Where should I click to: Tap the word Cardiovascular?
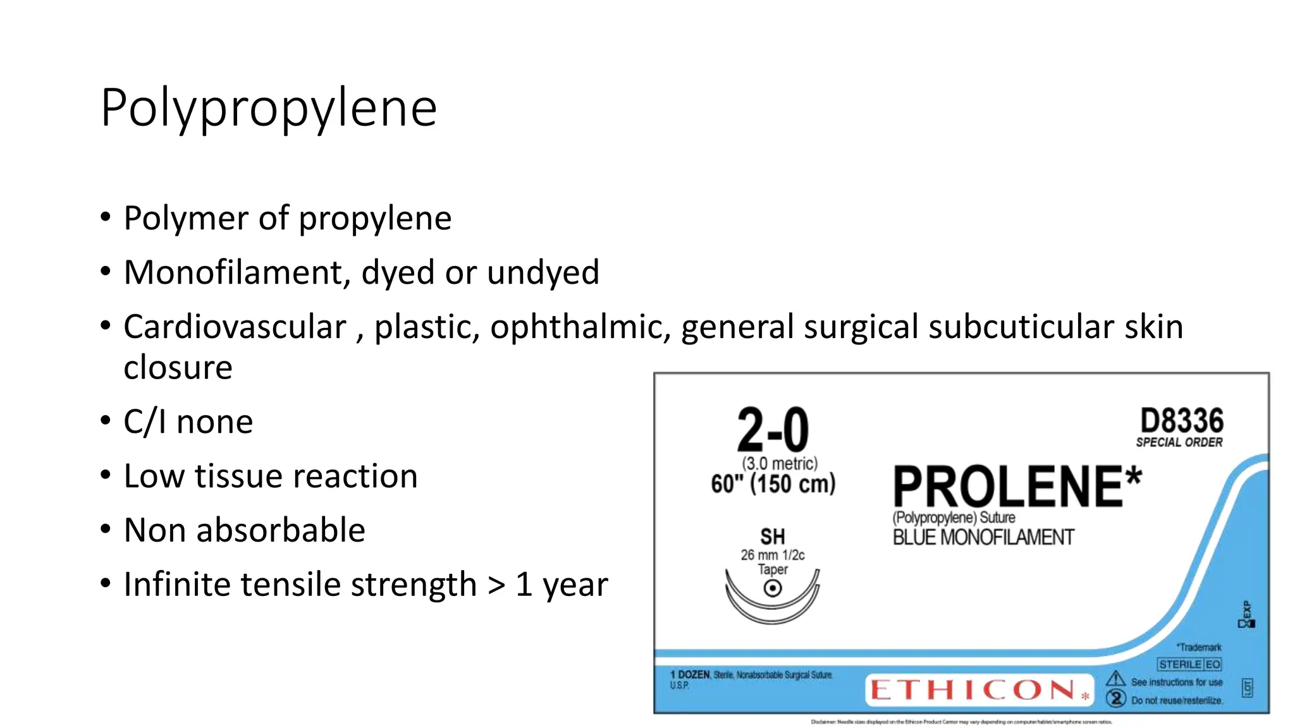[235, 327]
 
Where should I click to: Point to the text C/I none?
[188, 422]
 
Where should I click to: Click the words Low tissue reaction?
[271, 476]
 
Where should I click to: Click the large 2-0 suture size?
[773, 430]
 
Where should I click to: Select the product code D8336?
[1181, 421]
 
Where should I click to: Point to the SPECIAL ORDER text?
[1179, 442]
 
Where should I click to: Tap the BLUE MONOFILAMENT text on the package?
[983, 538]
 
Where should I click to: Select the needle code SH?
[772, 537]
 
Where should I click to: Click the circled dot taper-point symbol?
[773, 588]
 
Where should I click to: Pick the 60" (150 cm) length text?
[773, 484]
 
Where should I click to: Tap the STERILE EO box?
[1189, 664]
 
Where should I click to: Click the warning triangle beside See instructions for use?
[1116, 679]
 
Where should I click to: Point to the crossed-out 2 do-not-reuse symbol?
[1116, 698]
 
